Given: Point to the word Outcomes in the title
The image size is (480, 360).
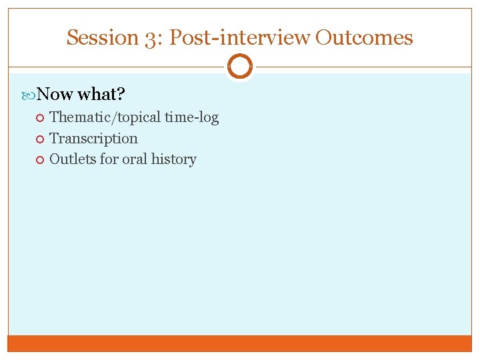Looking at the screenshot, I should click(364, 37).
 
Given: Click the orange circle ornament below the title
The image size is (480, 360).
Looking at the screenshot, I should click(240, 67).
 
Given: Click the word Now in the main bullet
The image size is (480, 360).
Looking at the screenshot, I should click(55, 94).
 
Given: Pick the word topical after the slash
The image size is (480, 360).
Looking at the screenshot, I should click(135, 117).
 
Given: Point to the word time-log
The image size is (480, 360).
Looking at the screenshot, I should click(191, 117).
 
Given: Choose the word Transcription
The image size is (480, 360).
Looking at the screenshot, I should click(93, 139).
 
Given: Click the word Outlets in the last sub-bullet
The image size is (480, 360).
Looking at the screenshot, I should click(73, 159).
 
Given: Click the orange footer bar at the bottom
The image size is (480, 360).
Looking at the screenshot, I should click(240, 343).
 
